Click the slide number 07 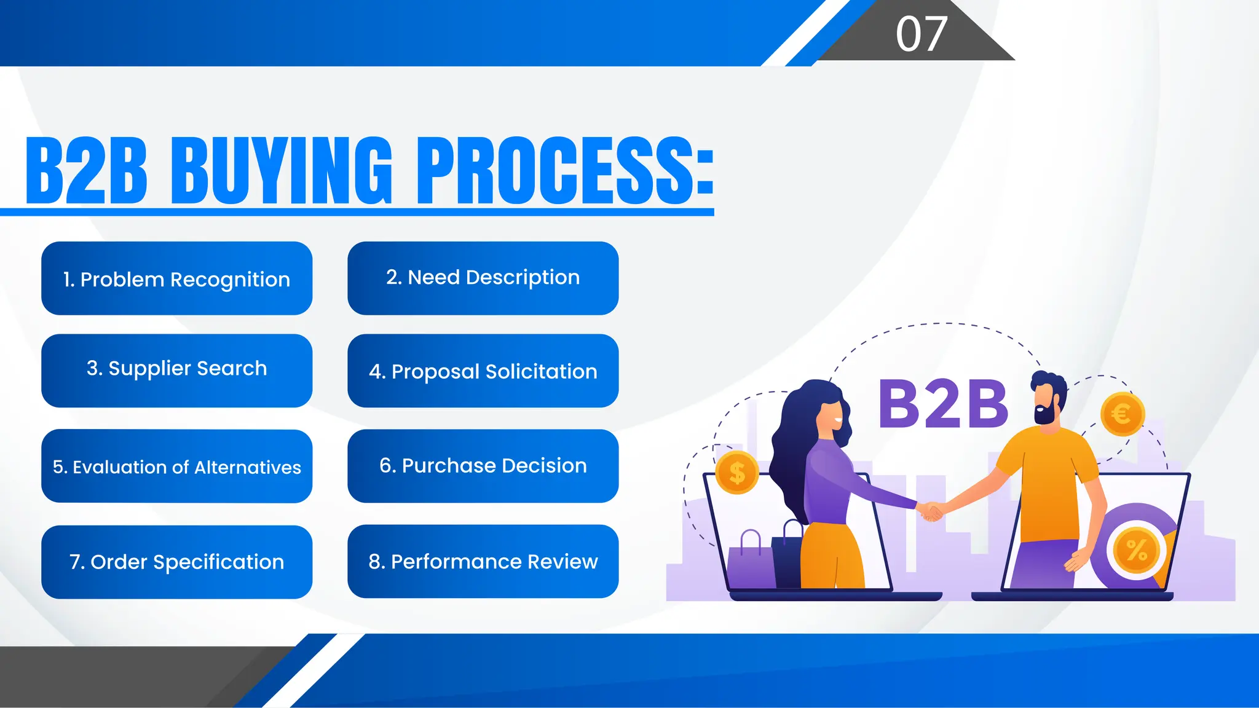click(x=921, y=34)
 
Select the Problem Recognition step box click(x=176, y=278)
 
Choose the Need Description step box click(x=483, y=278)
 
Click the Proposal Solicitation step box click(x=483, y=371)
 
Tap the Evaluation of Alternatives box click(x=176, y=466)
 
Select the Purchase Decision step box click(x=483, y=466)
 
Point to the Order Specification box click(x=176, y=562)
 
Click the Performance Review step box click(x=483, y=561)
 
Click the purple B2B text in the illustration click(x=943, y=404)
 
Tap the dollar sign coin click(x=737, y=473)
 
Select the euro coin click(x=1122, y=414)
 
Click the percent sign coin click(x=1136, y=549)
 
